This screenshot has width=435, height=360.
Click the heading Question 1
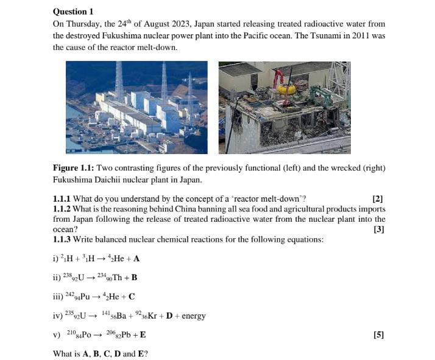point(73,12)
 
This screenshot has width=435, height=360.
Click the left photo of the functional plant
point(136,107)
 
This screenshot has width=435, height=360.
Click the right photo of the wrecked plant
point(285,107)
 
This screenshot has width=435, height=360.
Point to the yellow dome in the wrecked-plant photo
point(286,89)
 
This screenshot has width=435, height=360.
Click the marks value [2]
point(378,199)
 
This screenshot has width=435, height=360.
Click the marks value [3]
point(378,229)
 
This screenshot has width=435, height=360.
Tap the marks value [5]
point(378,335)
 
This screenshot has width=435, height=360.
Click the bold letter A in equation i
point(137,258)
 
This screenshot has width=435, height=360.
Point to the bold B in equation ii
point(134,278)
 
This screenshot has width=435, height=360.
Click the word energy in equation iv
point(194,316)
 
